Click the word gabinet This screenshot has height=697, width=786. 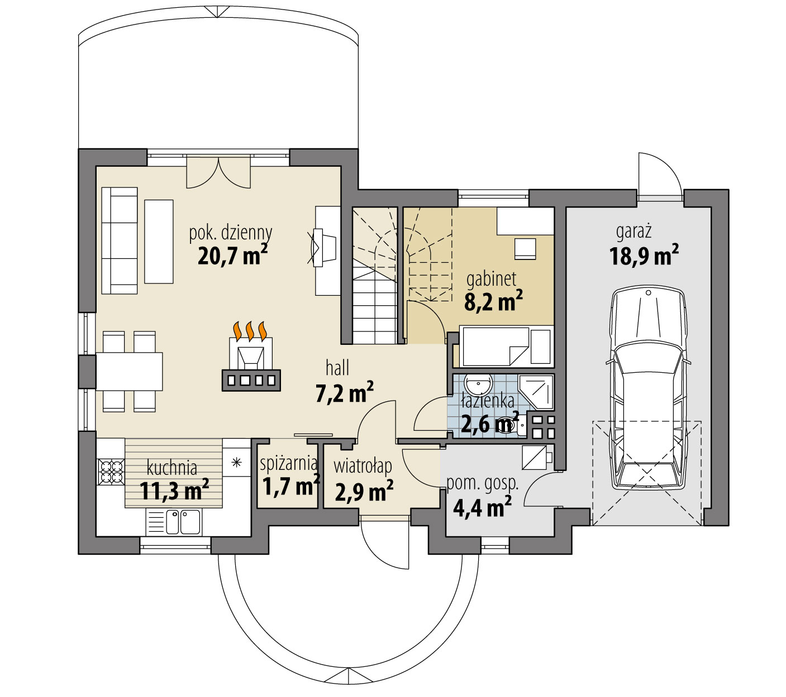(492, 278)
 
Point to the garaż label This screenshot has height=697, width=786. (634, 230)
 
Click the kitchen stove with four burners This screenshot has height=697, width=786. (111, 471)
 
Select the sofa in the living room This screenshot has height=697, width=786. (120, 240)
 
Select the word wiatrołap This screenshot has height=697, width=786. (363, 466)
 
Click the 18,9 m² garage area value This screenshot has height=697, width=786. (644, 256)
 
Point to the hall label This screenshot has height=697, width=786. (337, 368)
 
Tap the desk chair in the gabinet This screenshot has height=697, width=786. (525, 248)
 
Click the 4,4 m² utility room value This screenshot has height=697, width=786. (482, 508)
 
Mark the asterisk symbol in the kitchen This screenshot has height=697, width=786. (237, 462)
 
